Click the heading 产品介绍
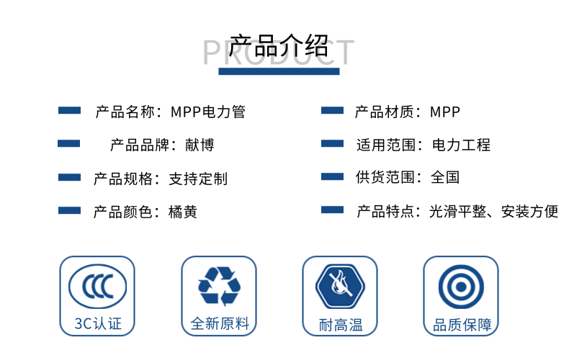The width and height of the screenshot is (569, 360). (x=278, y=46)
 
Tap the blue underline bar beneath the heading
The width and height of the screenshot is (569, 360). (x=279, y=71)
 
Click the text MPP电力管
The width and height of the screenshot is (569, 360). (x=208, y=112)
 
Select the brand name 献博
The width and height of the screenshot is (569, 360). (x=200, y=145)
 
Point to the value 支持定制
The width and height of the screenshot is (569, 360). (x=198, y=179)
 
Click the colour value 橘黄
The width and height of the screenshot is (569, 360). (x=183, y=212)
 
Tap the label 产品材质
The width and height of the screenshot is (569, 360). (x=384, y=112)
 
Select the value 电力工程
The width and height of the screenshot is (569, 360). (x=461, y=145)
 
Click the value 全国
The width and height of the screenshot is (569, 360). (x=445, y=177)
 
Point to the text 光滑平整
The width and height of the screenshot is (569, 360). (x=457, y=212)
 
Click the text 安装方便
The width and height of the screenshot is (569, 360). (x=529, y=212)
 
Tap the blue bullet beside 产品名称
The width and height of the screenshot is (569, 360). (x=69, y=110)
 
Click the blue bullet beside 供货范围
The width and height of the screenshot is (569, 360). (x=333, y=176)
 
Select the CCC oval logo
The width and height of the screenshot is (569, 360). (x=98, y=287)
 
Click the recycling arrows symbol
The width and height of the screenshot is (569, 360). (x=219, y=286)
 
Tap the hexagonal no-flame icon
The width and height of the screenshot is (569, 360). (x=340, y=287)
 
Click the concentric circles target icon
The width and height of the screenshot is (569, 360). (x=461, y=287)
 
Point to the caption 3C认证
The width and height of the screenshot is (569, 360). (x=98, y=324)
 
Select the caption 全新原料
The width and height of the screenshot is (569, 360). (x=220, y=324)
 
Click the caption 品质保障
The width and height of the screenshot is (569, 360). (x=462, y=325)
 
